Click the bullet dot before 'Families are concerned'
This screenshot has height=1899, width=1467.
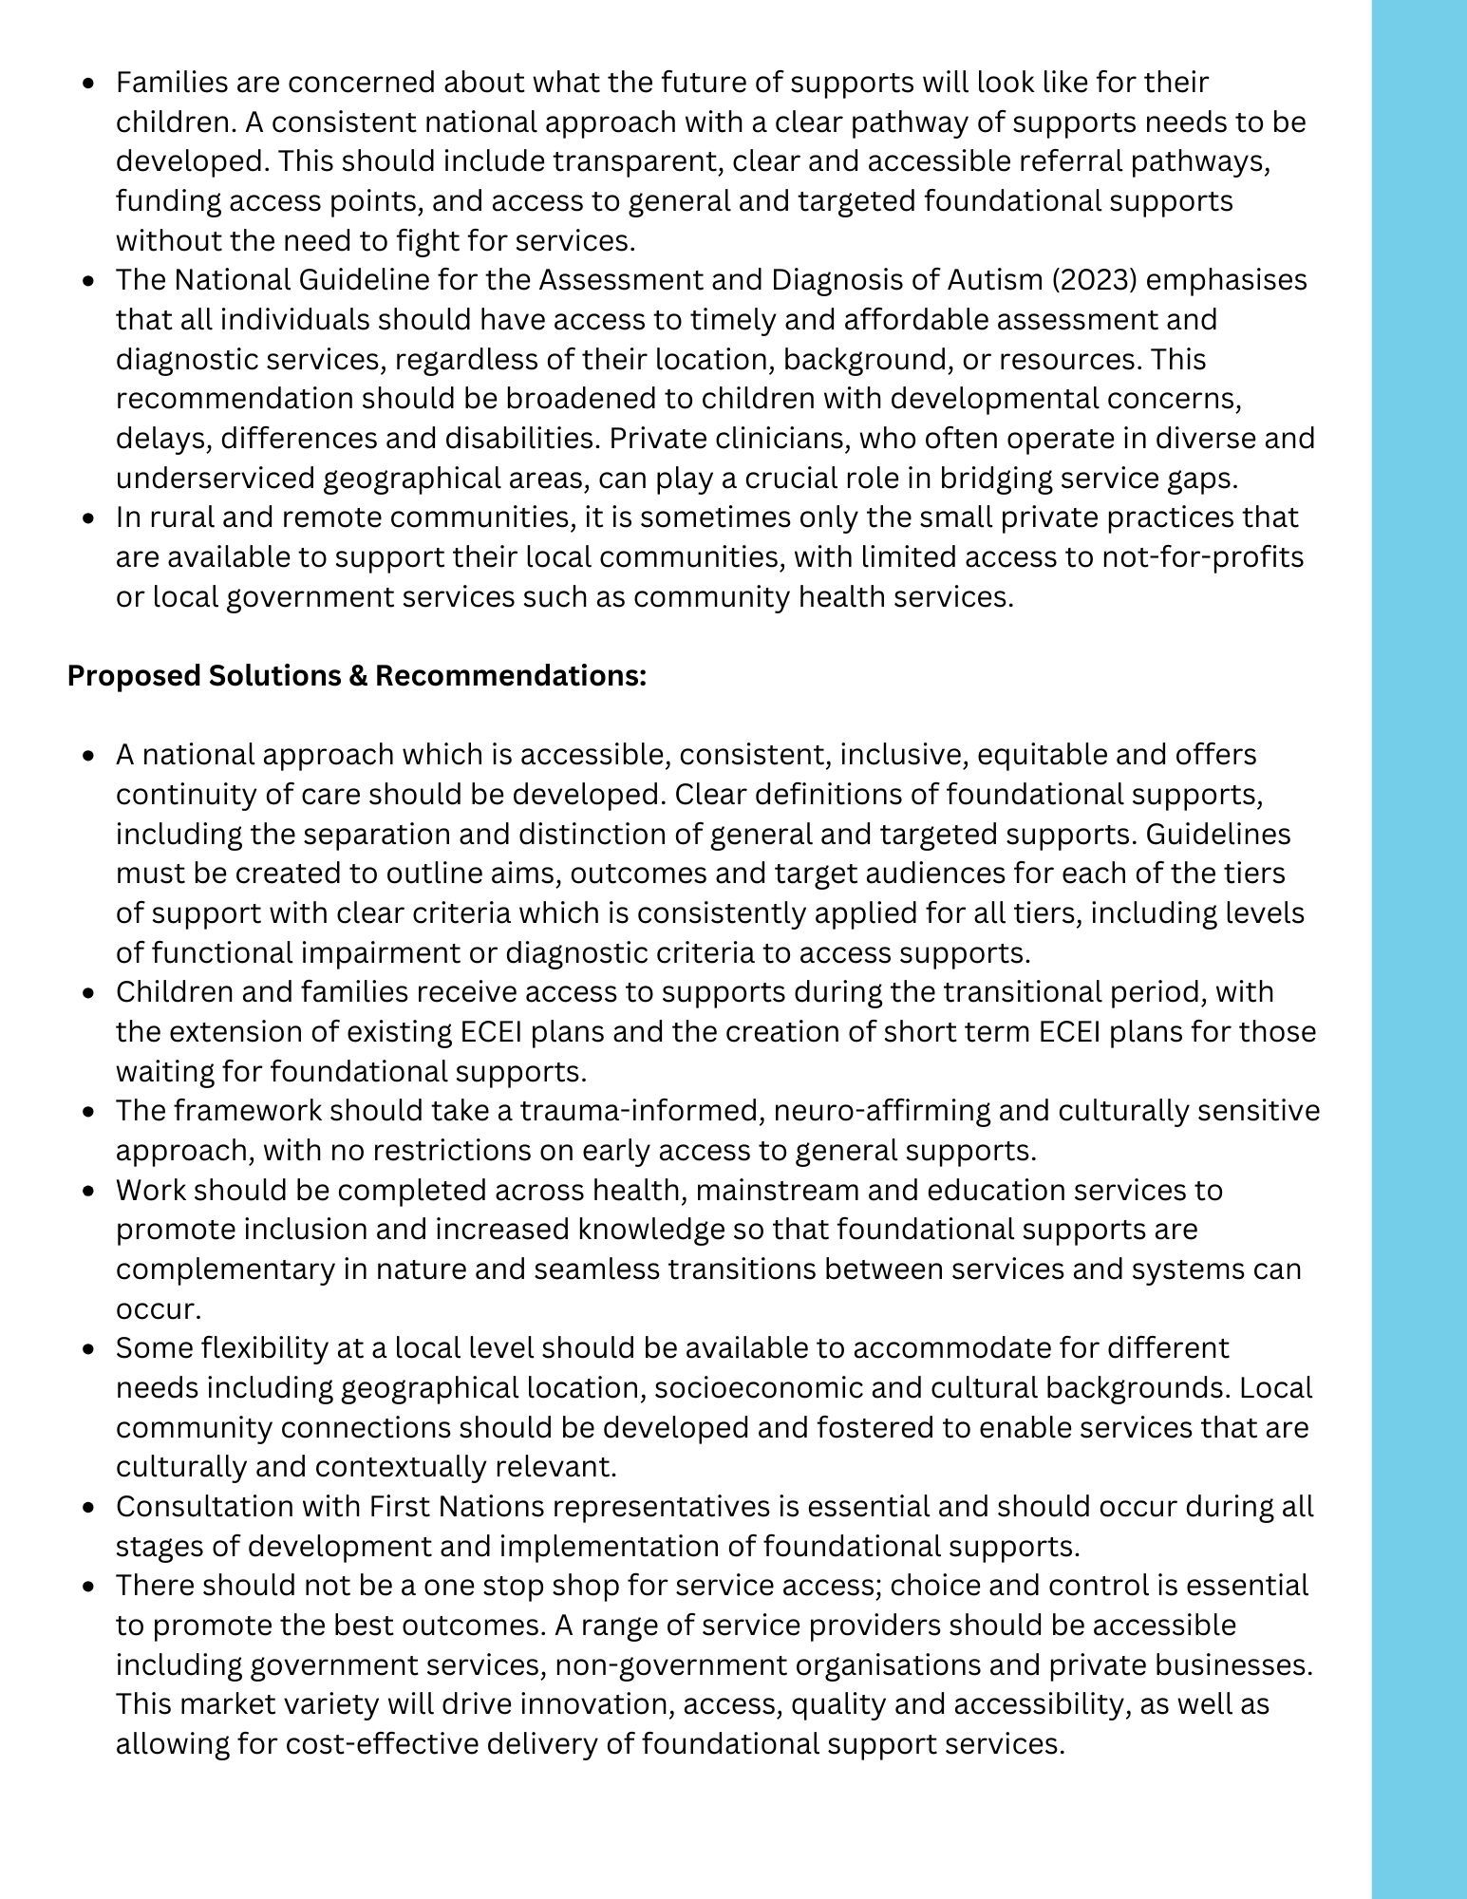pyautogui.click(x=89, y=84)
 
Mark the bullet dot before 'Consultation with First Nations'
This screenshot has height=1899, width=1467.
pyautogui.click(x=89, y=1507)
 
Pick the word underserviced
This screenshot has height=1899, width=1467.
pyautogui.click(x=215, y=478)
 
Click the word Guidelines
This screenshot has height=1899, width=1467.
pyautogui.click(x=1218, y=834)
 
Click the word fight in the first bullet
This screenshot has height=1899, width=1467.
pyautogui.click(x=418, y=240)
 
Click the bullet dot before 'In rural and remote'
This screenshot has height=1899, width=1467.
pyautogui.click(x=89, y=518)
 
